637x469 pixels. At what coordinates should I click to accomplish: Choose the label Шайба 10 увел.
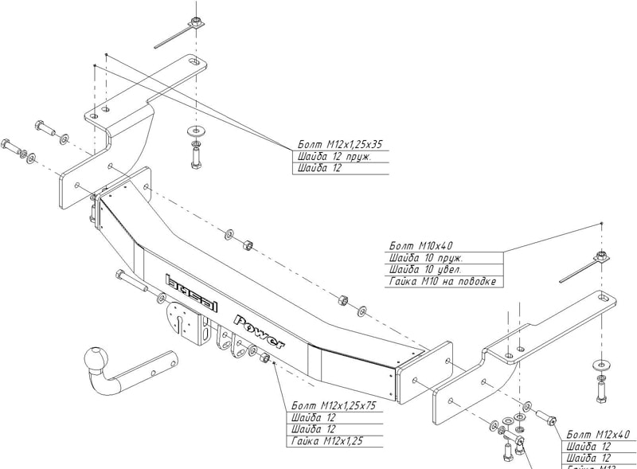426,270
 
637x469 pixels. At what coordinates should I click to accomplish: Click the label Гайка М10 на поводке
443,282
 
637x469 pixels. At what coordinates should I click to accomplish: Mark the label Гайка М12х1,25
326,442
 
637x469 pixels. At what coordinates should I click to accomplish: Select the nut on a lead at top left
195,23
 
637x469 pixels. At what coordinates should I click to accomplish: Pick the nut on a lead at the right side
602,257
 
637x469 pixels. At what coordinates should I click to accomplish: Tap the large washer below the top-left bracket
195,129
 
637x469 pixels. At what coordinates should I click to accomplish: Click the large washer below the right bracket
601,365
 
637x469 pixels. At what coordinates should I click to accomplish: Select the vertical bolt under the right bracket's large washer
601,389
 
